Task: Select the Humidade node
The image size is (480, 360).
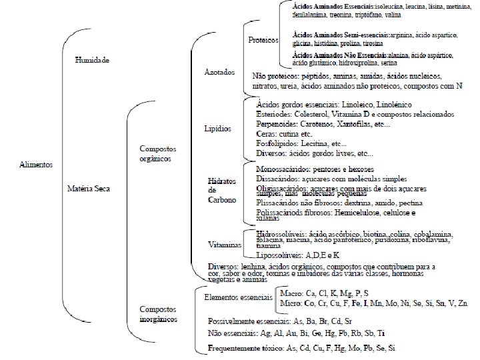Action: point(92,60)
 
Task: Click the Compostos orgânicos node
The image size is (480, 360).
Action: point(155,155)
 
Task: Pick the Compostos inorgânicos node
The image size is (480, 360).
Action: point(158,315)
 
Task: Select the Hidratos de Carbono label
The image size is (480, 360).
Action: point(221,190)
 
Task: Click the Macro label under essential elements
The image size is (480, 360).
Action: point(290,293)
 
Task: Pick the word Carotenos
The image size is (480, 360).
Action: point(318,124)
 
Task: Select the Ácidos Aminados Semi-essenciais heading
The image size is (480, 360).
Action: point(339,33)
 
